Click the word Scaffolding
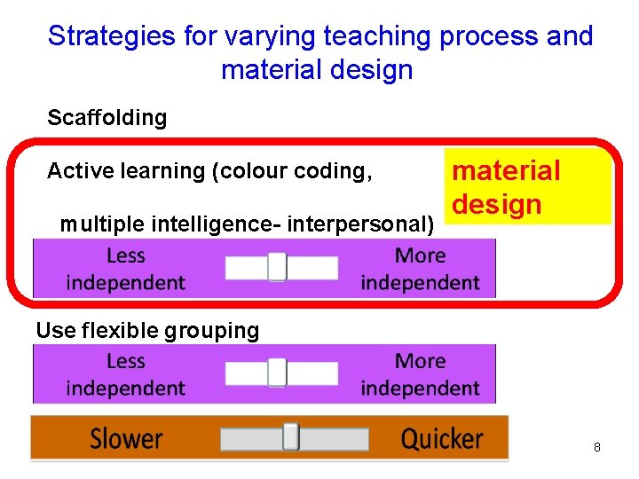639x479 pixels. [x=106, y=118]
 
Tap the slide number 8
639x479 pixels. [x=596, y=448]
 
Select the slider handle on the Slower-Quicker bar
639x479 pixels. [x=290, y=437]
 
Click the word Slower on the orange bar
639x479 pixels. [x=126, y=439]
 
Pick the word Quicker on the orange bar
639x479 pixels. [x=442, y=439]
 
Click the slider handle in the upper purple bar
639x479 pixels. [x=277, y=267]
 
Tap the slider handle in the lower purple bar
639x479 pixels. [x=277, y=373]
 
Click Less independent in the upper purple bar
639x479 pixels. [x=125, y=270]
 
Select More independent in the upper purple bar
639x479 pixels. [x=420, y=270]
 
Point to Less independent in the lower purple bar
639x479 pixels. [x=125, y=375]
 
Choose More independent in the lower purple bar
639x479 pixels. [x=420, y=375]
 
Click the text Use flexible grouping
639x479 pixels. [x=147, y=331]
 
